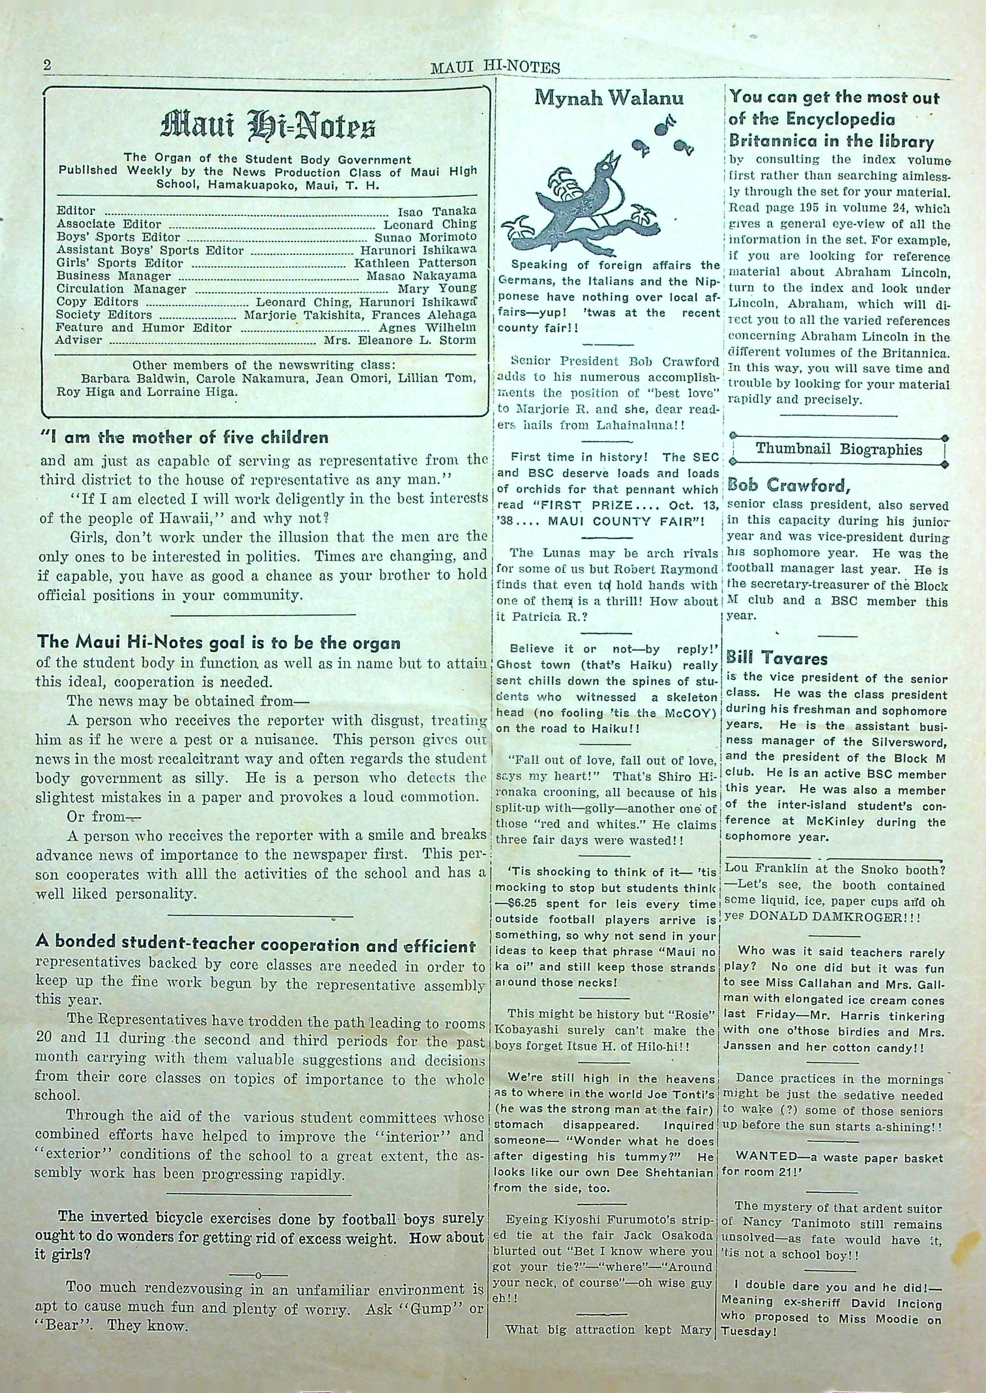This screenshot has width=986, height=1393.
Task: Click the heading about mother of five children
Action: tap(184, 437)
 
